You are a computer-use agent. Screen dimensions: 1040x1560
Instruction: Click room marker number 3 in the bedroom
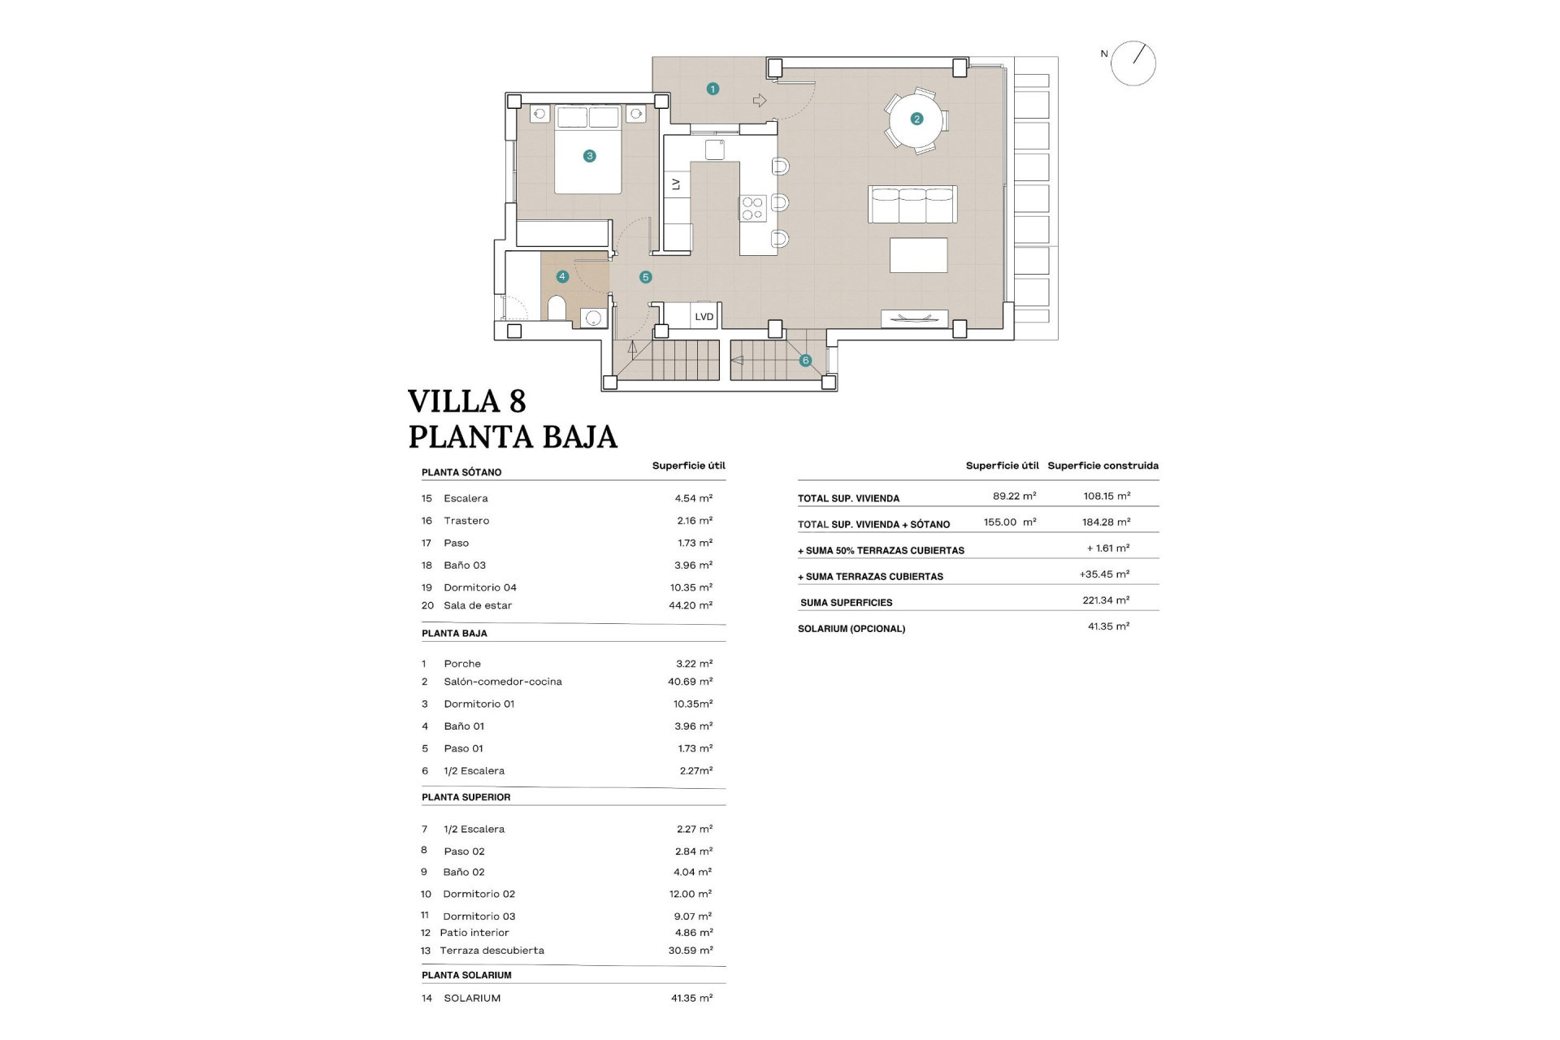[x=590, y=156]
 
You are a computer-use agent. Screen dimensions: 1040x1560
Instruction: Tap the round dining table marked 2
[x=916, y=119]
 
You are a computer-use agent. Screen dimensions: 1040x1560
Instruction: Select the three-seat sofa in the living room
[x=912, y=204]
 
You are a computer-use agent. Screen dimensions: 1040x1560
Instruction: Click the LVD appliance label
[x=704, y=317]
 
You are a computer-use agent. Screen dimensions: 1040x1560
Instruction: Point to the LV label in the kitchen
[x=676, y=185]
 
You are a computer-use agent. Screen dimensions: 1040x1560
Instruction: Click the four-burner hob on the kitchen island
[x=752, y=208]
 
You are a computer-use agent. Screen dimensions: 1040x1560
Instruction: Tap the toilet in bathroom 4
[x=557, y=309]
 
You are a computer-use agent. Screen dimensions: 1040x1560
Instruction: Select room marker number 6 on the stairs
[x=805, y=360]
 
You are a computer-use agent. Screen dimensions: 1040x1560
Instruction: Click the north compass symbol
[x=1133, y=63]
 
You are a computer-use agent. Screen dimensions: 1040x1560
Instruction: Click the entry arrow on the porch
[x=760, y=101]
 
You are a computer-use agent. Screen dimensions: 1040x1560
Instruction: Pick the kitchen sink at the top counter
[x=715, y=149]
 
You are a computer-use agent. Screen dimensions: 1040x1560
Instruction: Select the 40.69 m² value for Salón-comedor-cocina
[x=690, y=682]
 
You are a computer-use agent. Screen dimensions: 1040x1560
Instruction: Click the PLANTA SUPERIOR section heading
[x=466, y=797]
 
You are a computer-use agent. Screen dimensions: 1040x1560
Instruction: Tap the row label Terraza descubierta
[x=492, y=951]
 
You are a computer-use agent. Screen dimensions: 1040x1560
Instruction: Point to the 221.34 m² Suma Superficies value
[x=1106, y=600]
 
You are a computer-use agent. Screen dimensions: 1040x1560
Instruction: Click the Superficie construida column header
[x=1103, y=466]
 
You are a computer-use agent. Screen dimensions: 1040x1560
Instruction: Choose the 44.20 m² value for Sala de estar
[x=690, y=605]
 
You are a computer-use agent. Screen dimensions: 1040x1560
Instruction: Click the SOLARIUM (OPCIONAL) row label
[x=851, y=629]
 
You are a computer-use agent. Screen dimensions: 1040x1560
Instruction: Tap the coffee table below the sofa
[x=918, y=255]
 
